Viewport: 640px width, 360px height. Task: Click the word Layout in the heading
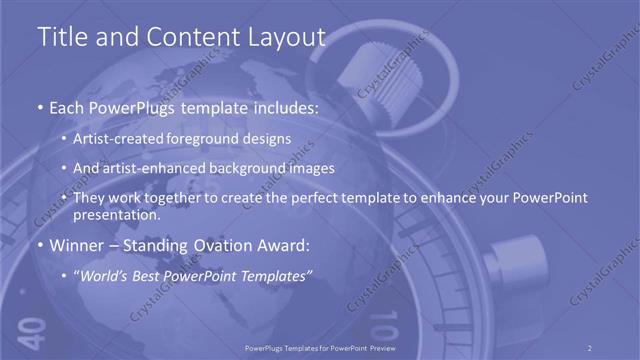point(288,37)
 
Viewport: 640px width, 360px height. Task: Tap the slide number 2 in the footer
point(589,347)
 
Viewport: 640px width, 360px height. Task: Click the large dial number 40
point(30,328)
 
